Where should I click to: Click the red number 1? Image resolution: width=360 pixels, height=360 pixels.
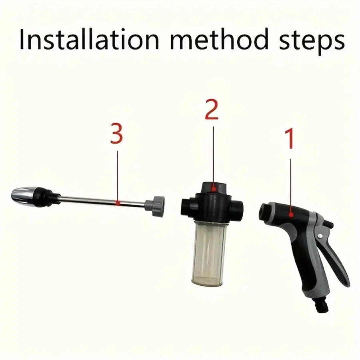tap(290, 138)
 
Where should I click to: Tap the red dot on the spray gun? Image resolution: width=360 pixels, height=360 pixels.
tap(292, 215)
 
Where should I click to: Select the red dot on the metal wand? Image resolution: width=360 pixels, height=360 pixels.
tap(117, 203)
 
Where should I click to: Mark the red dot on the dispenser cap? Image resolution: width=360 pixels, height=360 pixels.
tap(214, 187)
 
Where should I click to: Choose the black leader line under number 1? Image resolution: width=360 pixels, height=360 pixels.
tap(291, 184)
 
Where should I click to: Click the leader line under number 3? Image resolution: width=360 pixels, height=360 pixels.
tap(118, 176)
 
